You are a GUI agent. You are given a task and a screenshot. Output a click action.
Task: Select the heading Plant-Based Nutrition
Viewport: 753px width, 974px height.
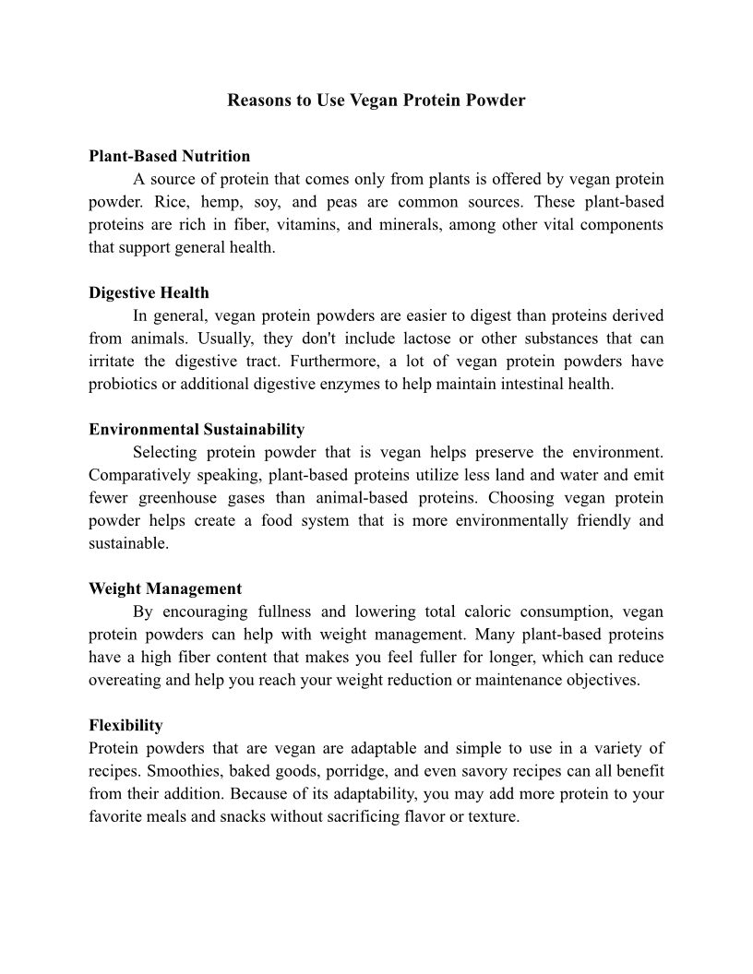(169, 156)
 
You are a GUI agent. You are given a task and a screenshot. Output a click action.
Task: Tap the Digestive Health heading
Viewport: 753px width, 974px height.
(149, 293)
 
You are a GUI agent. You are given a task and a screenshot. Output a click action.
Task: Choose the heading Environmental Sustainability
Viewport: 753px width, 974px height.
(197, 430)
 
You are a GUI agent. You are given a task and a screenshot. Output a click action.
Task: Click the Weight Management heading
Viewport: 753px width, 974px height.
(165, 589)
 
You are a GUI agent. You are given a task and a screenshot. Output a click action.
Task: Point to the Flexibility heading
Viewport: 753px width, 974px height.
(125, 726)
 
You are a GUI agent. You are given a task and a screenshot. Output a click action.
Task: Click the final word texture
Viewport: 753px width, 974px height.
(493, 817)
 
